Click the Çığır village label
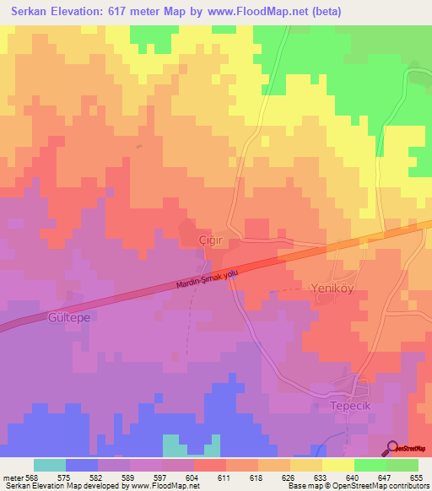click(x=210, y=239)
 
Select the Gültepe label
click(x=62, y=319)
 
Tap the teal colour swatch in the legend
click(x=50, y=465)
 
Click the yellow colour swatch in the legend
click(x=337, y=465)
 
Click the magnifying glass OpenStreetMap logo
click(x=393, y=447)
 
